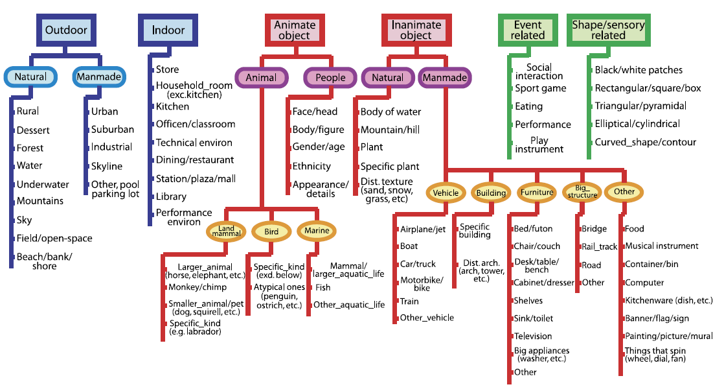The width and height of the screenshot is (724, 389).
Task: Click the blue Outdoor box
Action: pos(65,30)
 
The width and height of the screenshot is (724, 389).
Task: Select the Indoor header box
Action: pos(168,30)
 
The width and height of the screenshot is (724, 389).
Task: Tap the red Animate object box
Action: pos(295,30)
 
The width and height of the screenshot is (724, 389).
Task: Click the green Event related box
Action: pos(527,30)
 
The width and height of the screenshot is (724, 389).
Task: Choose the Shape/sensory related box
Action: pos(608,30)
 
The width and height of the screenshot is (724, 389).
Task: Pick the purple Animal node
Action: pos(261,78)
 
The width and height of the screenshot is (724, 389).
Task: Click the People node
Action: pos(330,78)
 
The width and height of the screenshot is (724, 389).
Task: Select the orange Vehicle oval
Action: pos(446,193)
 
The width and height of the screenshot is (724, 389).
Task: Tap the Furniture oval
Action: pos(537,193)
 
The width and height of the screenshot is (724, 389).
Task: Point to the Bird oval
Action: pos(271,231)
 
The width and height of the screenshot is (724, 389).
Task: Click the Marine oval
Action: pos(317,231)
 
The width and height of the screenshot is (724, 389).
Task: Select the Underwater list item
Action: pos(43,184)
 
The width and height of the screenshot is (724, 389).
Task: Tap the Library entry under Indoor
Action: pos(171,196)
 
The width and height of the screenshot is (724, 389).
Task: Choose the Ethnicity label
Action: pos(311,166)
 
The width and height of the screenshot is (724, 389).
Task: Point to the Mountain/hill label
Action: pos(390,130)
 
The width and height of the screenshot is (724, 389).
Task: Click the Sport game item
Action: pos(540,88)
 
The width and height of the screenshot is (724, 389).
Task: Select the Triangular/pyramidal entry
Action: pos(640,106)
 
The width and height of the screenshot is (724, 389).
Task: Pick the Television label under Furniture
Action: pos(533,336)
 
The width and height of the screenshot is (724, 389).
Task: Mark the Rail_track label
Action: pos(600,246)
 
